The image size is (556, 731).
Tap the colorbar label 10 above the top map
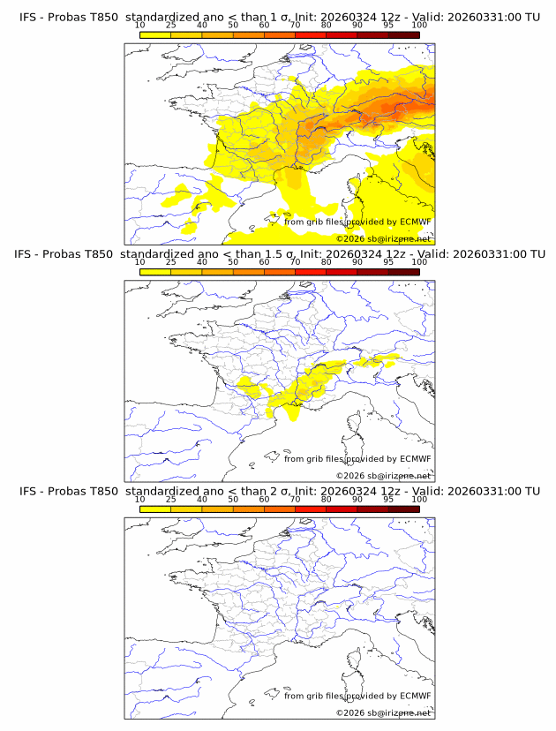coord(140,26)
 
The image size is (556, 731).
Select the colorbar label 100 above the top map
coord(419,26)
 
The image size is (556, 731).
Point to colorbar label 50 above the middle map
coord(233,262)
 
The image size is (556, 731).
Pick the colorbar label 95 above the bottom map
coord(388,499)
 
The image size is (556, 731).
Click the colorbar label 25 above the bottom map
coord(171,499)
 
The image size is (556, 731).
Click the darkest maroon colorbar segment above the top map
coord(403,35)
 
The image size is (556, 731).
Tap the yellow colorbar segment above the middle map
coord(155,272)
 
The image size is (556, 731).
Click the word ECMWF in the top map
coord(416,222)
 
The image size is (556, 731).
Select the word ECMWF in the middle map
coord(416,459)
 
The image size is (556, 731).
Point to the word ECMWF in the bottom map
coord(416,696)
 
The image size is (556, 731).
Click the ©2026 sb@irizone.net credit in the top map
coord(383,238)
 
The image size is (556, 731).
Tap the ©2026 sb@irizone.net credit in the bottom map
coord(383,712)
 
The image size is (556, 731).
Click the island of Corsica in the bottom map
coord(357,659)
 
